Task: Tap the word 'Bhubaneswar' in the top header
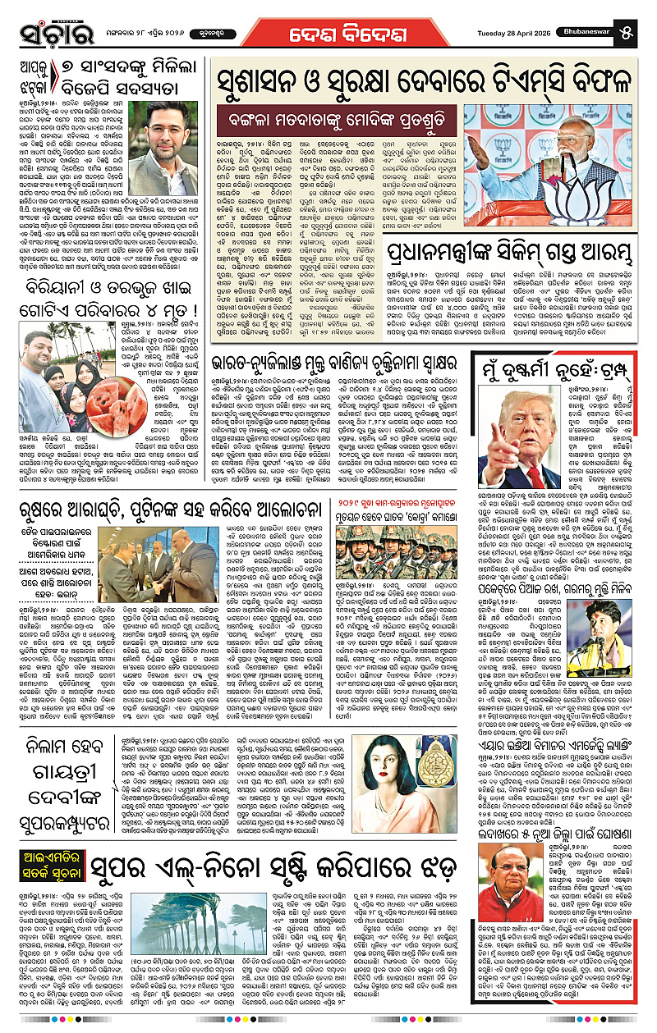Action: pyautogui.click(x=605, y=11)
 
